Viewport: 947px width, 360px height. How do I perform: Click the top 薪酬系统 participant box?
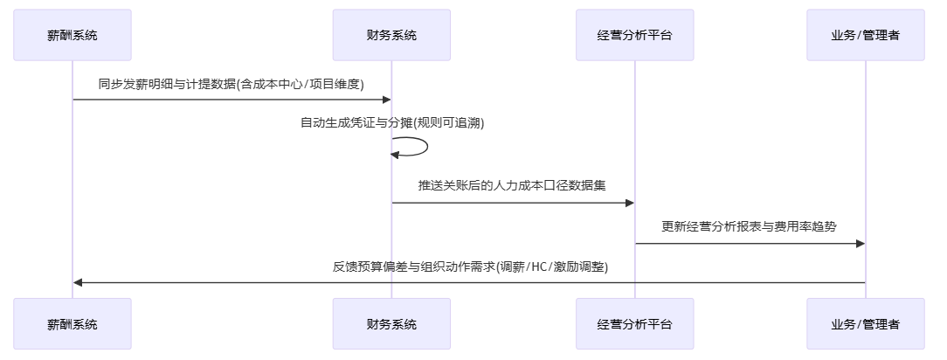point(73,35)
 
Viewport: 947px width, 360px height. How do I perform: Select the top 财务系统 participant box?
point(391,35)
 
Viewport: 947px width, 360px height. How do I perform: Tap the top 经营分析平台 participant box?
point(635,35)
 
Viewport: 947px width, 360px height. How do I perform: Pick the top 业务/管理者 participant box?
point(865,35)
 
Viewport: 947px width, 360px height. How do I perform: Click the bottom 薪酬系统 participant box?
point(73,324)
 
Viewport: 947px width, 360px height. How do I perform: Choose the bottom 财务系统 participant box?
point(391,324)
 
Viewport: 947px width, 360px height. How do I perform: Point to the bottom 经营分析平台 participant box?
point(635,324)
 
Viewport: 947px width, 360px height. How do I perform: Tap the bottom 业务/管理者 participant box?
point(865,324)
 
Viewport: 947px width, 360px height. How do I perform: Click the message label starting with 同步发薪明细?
point(232,84)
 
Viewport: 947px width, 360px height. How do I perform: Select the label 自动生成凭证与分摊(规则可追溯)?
point(391,123)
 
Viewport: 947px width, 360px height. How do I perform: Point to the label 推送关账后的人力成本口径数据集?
point(513,186)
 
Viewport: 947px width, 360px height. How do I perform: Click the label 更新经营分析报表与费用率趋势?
point(750,226)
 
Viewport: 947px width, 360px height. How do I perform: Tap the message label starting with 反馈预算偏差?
point(469,267)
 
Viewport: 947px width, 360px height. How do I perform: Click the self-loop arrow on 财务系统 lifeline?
point(426,147)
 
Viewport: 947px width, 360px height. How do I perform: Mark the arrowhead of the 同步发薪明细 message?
point(386,100)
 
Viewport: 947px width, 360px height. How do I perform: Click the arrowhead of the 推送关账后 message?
point(629,203)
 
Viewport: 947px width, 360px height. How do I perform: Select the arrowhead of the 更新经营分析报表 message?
point(860,243)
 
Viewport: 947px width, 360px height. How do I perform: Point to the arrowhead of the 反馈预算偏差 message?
point(79,282)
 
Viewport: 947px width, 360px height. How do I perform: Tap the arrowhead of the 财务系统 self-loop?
point(396,155)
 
